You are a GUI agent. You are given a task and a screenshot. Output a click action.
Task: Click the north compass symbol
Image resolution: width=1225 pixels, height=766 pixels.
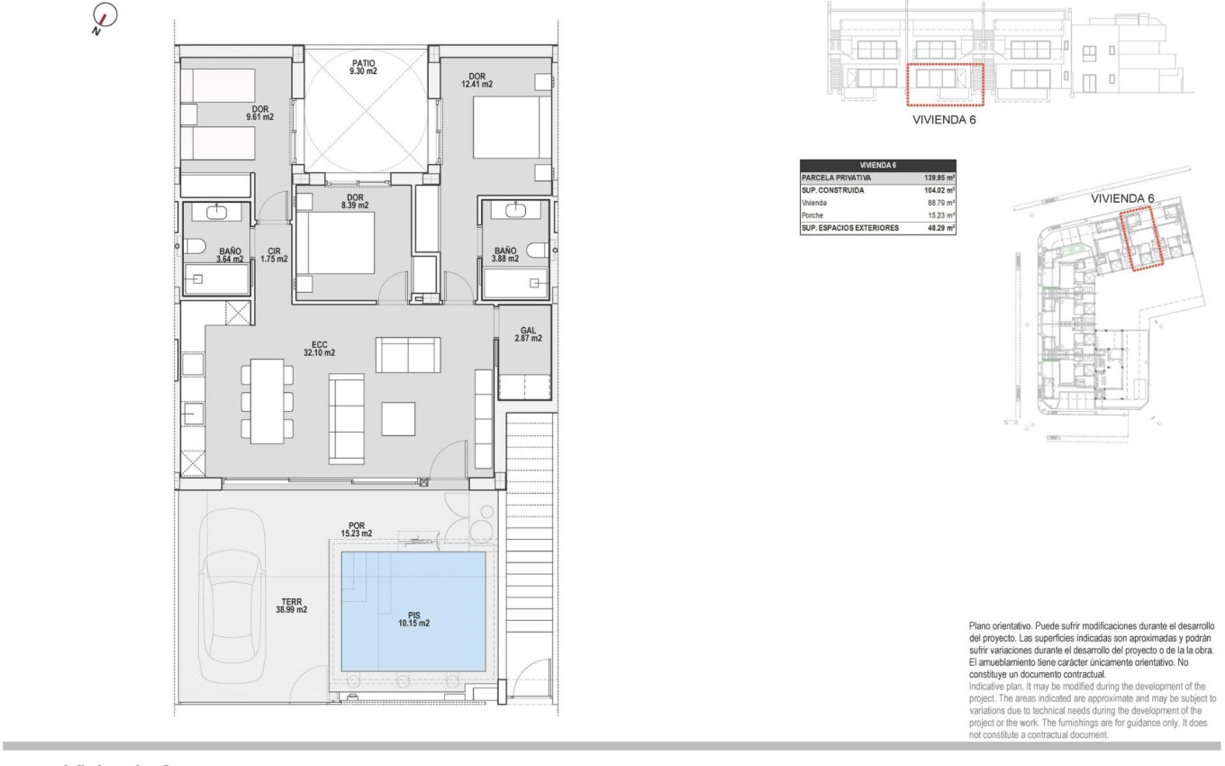pos(104,17)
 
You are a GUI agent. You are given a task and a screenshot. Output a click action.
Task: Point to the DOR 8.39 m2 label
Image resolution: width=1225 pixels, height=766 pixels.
pos(354,201)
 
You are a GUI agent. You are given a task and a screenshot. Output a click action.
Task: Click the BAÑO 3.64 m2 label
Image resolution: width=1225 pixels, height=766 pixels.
pos(230,255)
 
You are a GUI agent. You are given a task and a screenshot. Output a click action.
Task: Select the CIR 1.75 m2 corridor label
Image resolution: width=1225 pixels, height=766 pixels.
pos(273,255)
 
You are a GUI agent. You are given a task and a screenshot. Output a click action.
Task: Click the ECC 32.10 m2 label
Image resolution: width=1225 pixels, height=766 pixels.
pos(320,348)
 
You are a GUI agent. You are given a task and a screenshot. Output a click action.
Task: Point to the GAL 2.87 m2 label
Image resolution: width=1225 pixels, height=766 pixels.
pos(528,334)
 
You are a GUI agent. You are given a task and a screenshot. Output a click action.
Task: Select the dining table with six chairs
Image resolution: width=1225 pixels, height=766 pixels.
pos(267,400)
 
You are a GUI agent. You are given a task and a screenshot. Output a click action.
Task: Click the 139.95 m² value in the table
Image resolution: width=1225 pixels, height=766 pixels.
pos(938,178)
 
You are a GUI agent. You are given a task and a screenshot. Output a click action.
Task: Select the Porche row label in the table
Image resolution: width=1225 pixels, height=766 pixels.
pos(813,215)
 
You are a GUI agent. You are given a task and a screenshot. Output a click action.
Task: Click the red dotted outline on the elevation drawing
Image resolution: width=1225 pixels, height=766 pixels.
pos(943,86)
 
